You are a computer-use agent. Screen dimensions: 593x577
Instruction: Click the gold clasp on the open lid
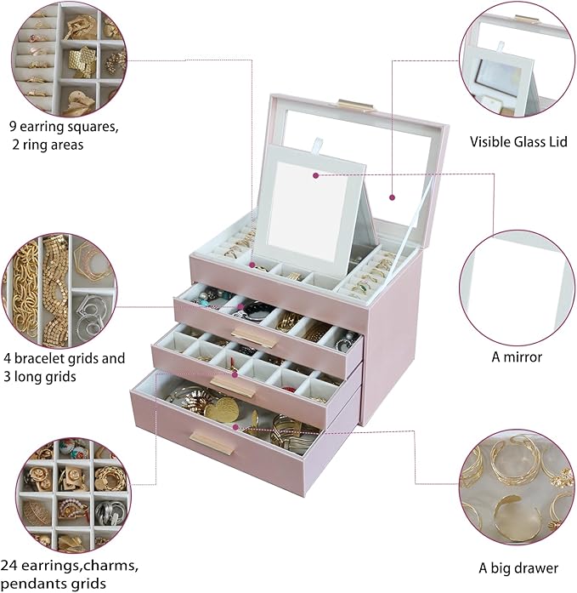pyautogui.click(x=355, y=104)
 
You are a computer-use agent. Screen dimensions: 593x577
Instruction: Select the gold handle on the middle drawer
pyautogui.click(x=231, y=387)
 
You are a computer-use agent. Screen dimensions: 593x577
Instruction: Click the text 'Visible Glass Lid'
pyautogui.click(x=518, y=142)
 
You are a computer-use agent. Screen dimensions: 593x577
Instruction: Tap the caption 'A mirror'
pyautogui.click(x=518, y=356)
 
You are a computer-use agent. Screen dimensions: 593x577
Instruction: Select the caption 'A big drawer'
pyautogui.click(x=518, y=567)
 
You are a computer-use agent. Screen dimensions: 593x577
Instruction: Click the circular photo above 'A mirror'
pyautogui.click(x=518, y=286)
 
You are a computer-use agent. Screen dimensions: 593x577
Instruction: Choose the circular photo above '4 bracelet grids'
pyautogui.click(x=62, y=286)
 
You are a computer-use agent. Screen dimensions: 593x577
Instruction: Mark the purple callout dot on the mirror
pyautogui.click(x=315, y=175)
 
